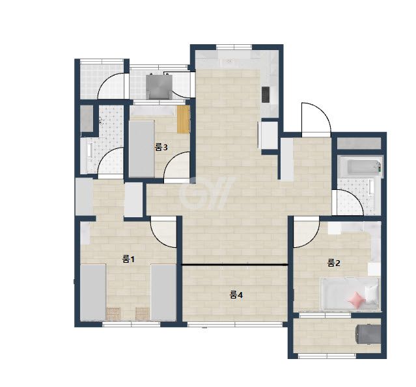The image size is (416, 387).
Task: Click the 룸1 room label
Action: point(128,259)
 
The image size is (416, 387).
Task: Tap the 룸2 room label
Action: point(333,263)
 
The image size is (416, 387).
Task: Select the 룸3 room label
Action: point(161,147)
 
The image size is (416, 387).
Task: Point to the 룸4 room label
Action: point(236,295)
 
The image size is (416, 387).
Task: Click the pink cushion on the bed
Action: point(356,300)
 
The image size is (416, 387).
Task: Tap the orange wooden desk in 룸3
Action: point(184,119)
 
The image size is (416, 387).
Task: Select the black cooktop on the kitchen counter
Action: point(266,94)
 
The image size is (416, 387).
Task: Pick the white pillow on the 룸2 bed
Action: point(372,294)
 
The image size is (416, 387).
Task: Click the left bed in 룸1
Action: point(93,292)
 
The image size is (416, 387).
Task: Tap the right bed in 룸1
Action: point(163,292)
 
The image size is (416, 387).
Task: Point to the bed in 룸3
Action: point(142,149)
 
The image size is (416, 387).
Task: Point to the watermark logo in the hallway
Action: point(206,192)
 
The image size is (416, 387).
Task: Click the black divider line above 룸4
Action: point(234,265)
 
